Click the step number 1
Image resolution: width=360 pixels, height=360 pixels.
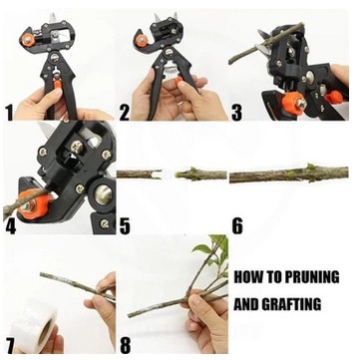9,113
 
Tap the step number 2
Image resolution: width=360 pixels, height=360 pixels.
124,113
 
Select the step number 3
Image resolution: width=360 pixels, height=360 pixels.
236,113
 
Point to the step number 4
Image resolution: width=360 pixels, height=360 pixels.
10,226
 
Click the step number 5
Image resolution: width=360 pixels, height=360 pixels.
125,226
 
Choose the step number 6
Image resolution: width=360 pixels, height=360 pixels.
237,226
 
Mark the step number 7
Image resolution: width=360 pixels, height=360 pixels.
10,346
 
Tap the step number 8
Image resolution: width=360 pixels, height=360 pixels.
125,346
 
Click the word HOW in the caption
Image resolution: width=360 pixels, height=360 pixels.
244,277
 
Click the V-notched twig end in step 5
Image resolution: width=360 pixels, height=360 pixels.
157,174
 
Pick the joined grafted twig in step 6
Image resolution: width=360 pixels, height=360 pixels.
289,174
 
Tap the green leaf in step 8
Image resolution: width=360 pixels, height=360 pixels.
202,248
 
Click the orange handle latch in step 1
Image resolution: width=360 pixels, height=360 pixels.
57,87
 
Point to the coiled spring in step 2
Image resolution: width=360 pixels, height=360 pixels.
172,71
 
